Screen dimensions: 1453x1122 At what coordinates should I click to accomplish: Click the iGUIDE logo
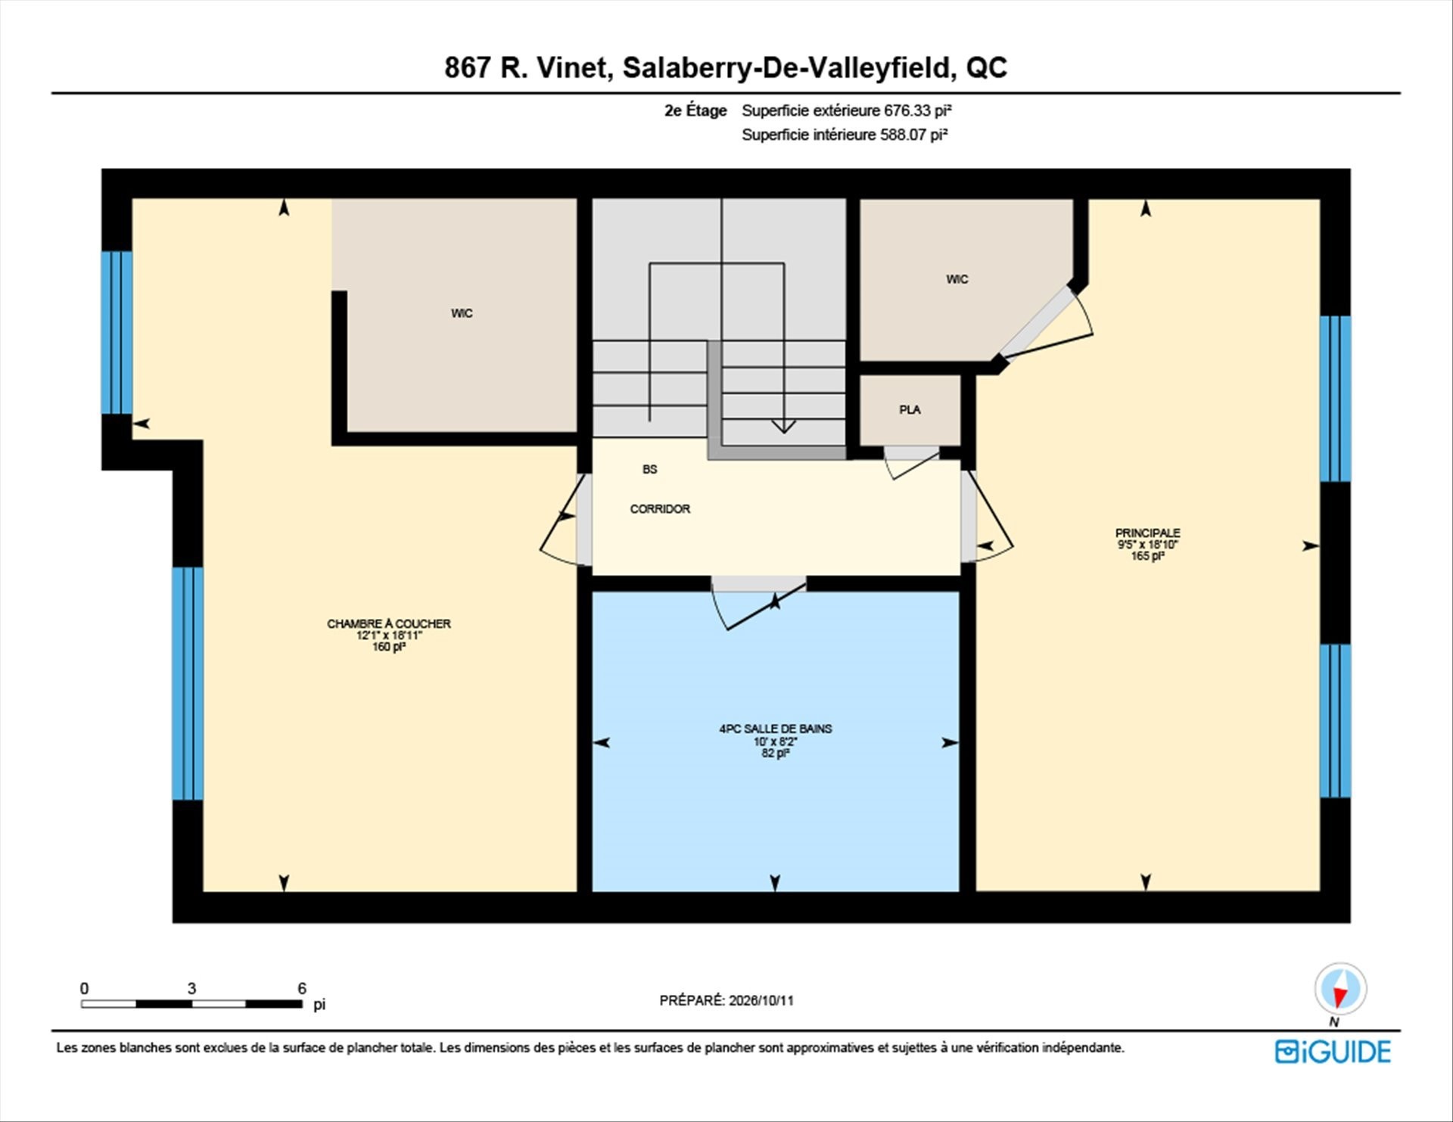(1333, 1052)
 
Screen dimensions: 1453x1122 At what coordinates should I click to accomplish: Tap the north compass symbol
(1340, 990)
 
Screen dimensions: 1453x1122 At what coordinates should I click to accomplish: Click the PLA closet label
(910, 409)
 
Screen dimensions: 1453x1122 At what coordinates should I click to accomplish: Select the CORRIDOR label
(660, 509)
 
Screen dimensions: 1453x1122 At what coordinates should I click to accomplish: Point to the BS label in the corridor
(649, 469)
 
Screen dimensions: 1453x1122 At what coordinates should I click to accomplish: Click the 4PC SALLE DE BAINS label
(775, 729)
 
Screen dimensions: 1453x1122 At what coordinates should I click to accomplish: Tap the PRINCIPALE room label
(1147, 533)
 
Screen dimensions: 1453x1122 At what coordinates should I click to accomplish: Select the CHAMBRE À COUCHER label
(389, 623)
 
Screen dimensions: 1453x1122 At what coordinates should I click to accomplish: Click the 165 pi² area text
(1147, 556)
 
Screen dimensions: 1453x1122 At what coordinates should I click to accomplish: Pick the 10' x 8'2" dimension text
(775, 741)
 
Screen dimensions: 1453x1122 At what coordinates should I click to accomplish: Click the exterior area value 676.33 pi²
(917, 110)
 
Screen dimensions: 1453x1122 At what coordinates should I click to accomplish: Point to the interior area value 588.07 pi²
(913, 135)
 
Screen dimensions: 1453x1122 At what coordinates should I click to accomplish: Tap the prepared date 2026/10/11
(761, 1000)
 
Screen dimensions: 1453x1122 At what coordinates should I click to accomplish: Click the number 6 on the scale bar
(302, 988)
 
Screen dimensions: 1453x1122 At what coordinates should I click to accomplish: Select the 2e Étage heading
(695, 110)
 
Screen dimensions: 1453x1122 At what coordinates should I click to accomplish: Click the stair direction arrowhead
(783, 427)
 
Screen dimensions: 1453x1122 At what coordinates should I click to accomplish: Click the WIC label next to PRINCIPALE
(957, 279)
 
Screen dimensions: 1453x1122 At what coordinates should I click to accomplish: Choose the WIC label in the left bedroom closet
(462, 313)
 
